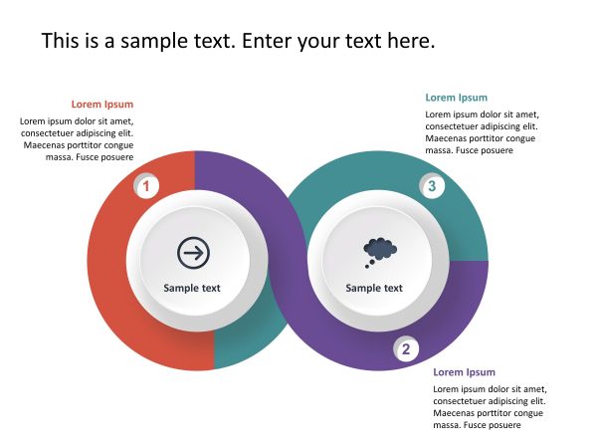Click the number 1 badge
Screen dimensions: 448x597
click(146, 186)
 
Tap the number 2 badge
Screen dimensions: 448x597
click(406, 349)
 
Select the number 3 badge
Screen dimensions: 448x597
click(431, 186)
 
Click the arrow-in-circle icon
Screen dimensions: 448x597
click(193, 253)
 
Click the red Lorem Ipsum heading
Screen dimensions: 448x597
click(101, 104)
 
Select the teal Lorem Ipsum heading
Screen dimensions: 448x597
click(457, 98)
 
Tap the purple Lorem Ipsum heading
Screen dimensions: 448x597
click(464, 372)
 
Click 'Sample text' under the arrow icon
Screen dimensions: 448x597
click(192, 289)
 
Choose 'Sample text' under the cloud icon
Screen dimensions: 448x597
click(374, 289)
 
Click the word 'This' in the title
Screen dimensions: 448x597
click(63, 42)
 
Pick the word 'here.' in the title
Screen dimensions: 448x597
click(410, 42)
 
